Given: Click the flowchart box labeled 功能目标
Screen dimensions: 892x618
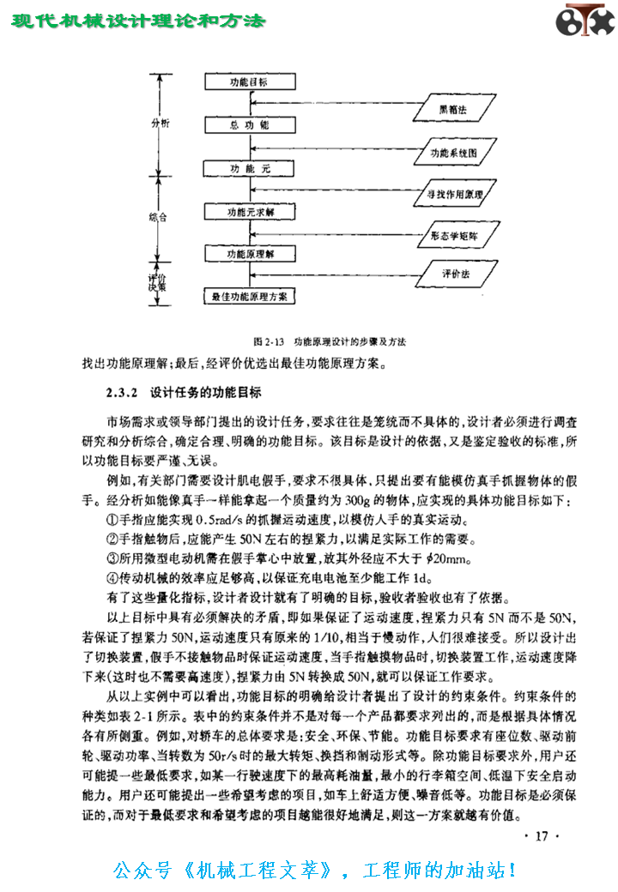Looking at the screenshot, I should coord(249,82).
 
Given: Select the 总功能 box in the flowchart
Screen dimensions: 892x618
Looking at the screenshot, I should coord(249,125).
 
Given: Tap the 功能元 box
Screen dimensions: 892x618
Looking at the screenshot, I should coord(249,168).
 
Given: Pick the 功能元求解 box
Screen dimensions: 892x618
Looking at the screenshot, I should coord(249,211).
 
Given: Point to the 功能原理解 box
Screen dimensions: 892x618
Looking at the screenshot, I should coord(249,255).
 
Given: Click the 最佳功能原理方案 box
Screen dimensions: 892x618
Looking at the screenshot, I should coord(249,297).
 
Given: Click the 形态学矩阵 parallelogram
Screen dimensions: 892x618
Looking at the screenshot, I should coord(455,234).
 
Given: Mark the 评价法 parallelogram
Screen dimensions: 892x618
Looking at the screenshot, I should coord(455,275).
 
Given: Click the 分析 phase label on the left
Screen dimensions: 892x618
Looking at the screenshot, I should coord(160,123).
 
